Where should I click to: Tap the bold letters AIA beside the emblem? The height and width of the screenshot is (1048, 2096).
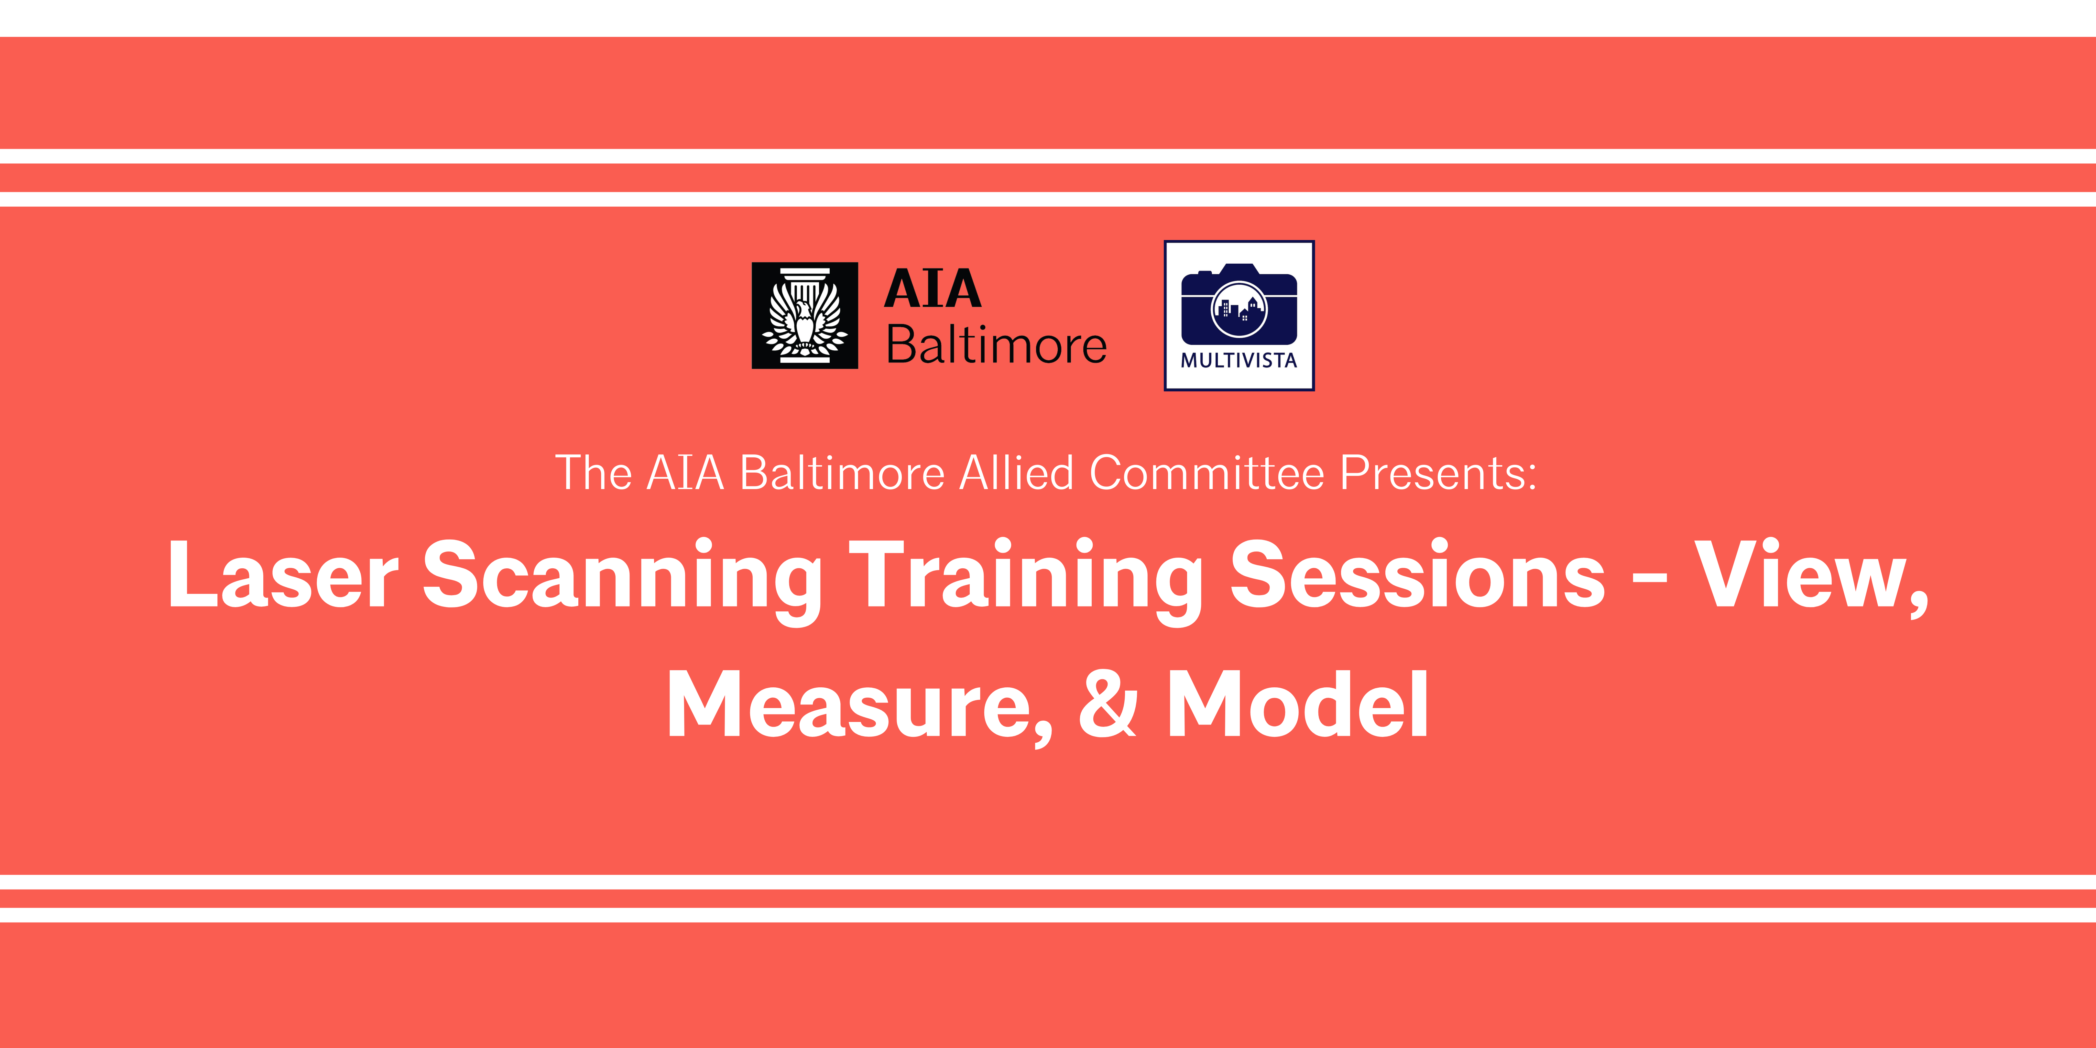[933, 289]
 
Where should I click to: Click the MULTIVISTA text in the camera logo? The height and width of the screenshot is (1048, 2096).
[1239, 360]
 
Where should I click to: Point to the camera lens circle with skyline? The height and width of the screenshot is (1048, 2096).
[1239, 309]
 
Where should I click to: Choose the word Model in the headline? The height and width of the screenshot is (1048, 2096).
[1298, 703]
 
